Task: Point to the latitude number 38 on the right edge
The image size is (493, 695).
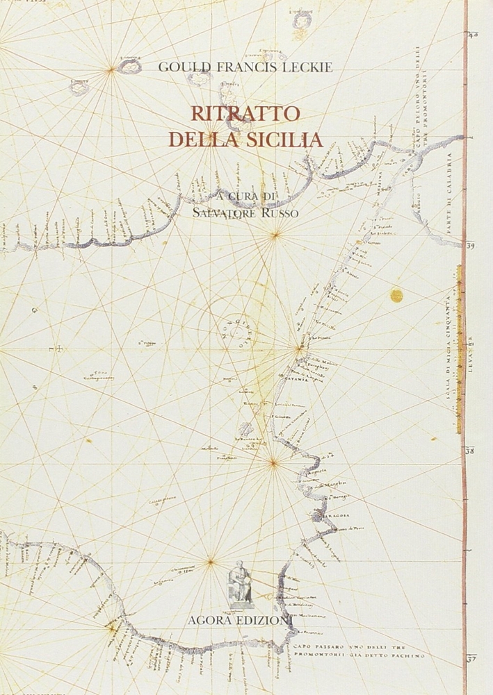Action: coord(470,450)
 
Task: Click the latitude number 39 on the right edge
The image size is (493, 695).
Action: coord(470,245)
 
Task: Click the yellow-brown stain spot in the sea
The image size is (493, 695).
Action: coord(397,295)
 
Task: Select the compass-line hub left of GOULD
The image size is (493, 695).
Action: coord(111,69)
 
